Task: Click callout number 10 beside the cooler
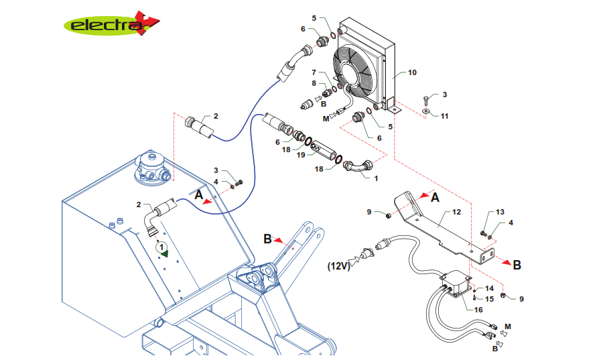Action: click(x=412, y=72)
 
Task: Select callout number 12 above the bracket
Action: click(x=457, y=212)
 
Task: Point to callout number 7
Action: click(x=313, y=72)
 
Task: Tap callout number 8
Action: click(x=313, y=83)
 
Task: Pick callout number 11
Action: click(x=444, y=115)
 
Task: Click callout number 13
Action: click(x=500, y=212)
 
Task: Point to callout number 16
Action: click(x=478, y=310)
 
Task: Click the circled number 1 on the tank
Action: click(x=161, y=247)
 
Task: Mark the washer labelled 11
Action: click(x=426, y=110)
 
